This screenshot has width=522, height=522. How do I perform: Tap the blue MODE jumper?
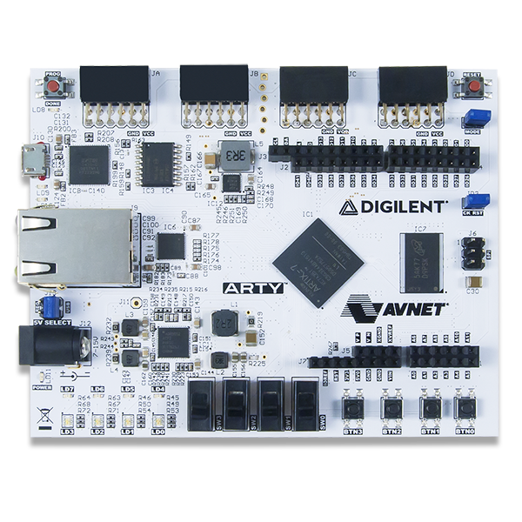pyautogui.click(x=474, y=117)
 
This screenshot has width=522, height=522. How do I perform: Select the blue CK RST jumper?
pyautogui.click(x=475, y=200)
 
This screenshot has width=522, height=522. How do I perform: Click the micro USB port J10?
pyautogui.click(x=37, y=159)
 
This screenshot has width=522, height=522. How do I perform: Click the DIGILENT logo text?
pyautogui.click(x=393, y=208)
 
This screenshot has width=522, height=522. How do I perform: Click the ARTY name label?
pyautogui.click(x=252, y=288)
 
